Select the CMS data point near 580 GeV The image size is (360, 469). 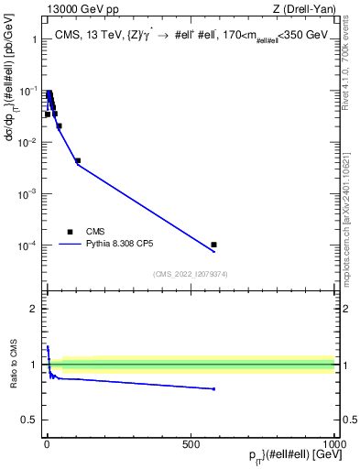click(213, 245)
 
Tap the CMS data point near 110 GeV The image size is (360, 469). click(78, 160)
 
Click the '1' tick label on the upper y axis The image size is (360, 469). click(32, 40)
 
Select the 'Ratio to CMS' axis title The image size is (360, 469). click(13, 365)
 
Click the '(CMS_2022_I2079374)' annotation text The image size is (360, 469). click(191, 272)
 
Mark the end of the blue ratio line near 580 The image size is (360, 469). click(213, 389)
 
